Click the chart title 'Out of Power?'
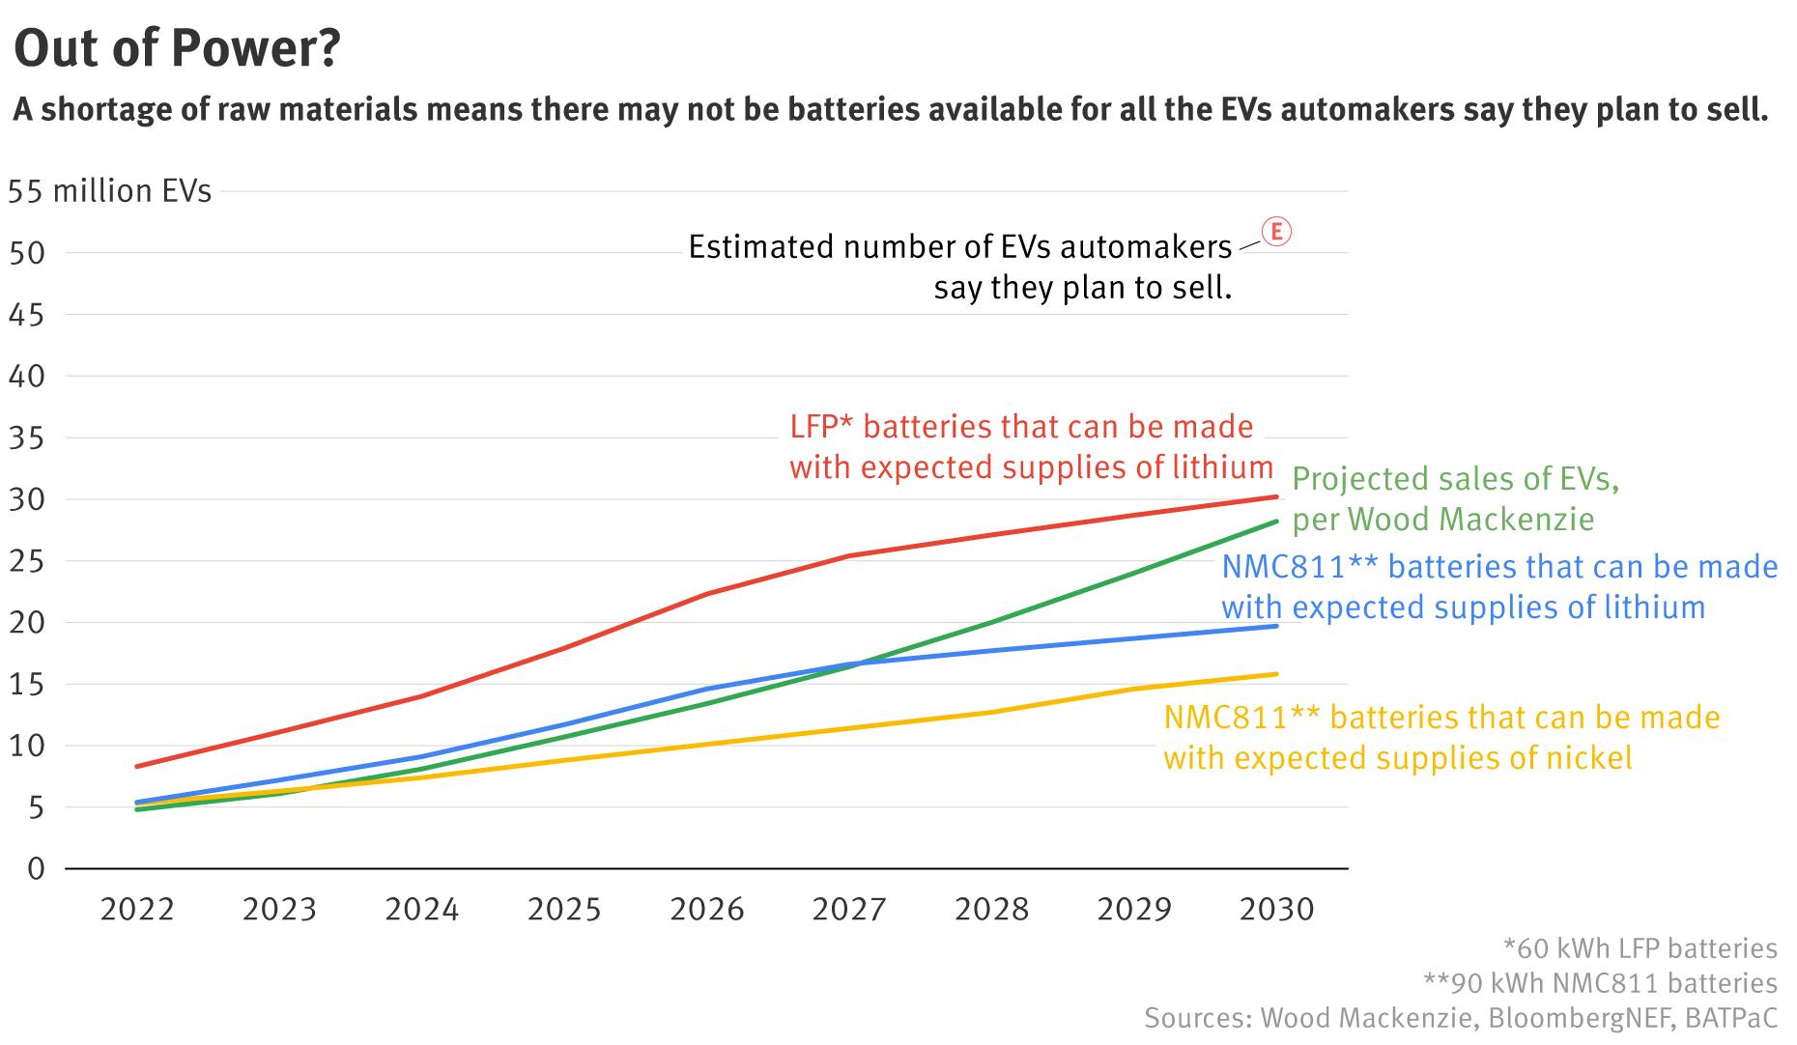[x=178, y=48]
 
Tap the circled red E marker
[x=1276, y=232]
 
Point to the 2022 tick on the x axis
[x=137, y=909]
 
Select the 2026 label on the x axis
[x=707, y=909]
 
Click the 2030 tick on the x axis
[x=1277, y=909]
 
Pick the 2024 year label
[x=422, y=909]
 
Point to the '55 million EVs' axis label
[x=109, y=191]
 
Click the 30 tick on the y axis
[x=27, y=499]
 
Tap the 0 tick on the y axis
[x=37, y=869]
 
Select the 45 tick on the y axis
[x=27, y=315]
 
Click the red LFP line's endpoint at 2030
[x=1277, y=496]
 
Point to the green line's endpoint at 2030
[x=1277, y=522]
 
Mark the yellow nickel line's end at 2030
[x=1277, y=674]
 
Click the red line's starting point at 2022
[x=137, y=767]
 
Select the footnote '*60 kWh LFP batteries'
[x=1640, y=948]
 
